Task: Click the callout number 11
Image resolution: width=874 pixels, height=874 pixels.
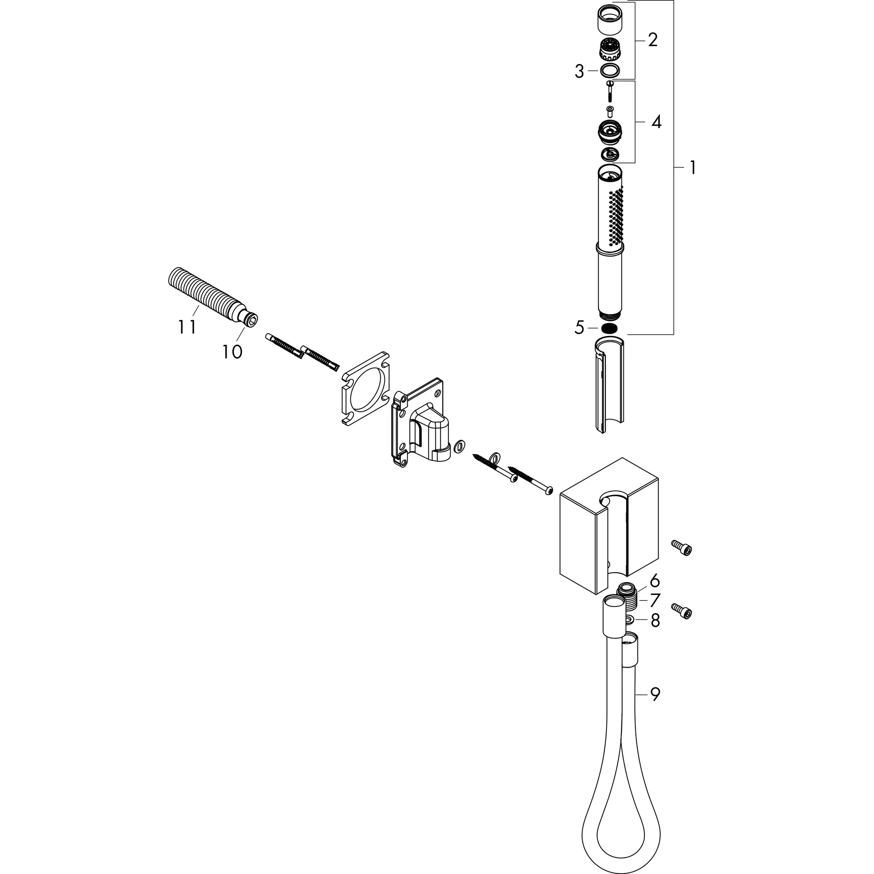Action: tap(187, 326)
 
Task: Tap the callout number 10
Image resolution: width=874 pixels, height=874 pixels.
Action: tap(232, 352)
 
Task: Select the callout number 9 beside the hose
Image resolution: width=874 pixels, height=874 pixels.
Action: tap(655, 707)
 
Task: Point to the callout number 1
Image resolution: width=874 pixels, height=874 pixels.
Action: tap(692, 168)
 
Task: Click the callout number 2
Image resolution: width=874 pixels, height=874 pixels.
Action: tap(653, 40)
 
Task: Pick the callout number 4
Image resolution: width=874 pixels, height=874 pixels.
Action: tap(656, 122)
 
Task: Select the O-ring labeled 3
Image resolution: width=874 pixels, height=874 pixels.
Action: tap(610, 70)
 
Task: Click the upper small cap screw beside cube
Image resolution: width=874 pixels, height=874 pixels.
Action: tap(682, 548)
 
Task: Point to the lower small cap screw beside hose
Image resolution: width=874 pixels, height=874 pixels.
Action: tap(682, 612)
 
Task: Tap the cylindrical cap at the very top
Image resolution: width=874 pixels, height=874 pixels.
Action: tap(610, 18)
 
